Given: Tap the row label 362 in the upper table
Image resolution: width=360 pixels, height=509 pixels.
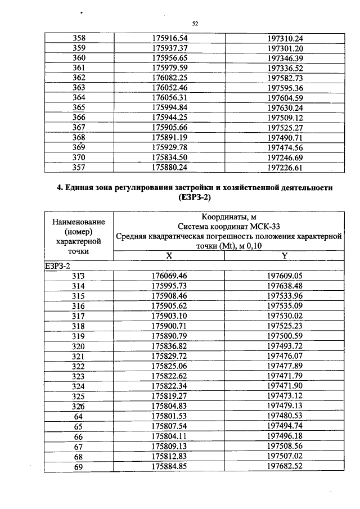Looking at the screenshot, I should click(79, 77).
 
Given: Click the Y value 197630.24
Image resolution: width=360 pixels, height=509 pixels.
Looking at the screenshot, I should click(285, 107).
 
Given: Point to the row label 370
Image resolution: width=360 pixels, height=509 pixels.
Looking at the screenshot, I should click(79, 157).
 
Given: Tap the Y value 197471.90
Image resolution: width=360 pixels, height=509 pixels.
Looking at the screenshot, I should click(285, 386).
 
